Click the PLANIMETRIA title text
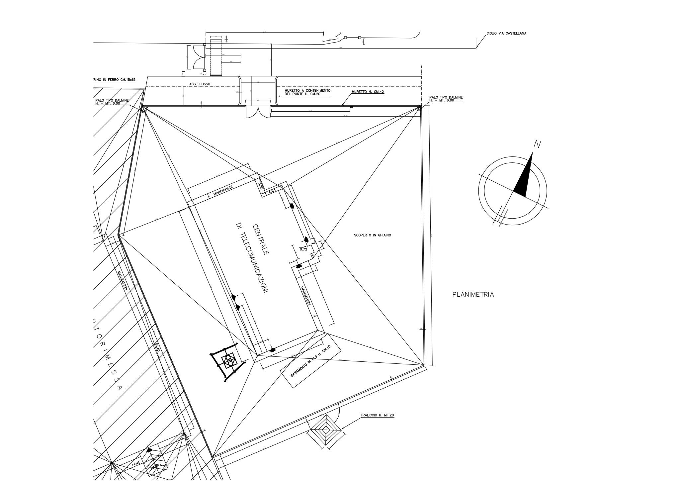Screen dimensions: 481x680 pyautogui.click(x=473, y=295)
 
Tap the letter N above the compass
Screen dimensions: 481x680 pyautogui.click(x=537, y=144)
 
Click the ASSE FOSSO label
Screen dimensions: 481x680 pyautogui.click(x=200, y=84)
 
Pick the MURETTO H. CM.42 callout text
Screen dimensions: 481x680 pyautogui.click(x=368, y=92)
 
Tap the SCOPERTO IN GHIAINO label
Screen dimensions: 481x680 pyautogui.click(x=373, y=235)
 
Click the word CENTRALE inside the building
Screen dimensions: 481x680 pyautogui.click(x=261, y=240)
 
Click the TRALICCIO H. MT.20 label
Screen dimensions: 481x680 pyautogui.click(x=377, y=415)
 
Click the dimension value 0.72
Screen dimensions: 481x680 pyautogui.click(x=303, y=249)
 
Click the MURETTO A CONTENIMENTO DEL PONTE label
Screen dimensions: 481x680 pyautogui.click(x=307, y=92)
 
